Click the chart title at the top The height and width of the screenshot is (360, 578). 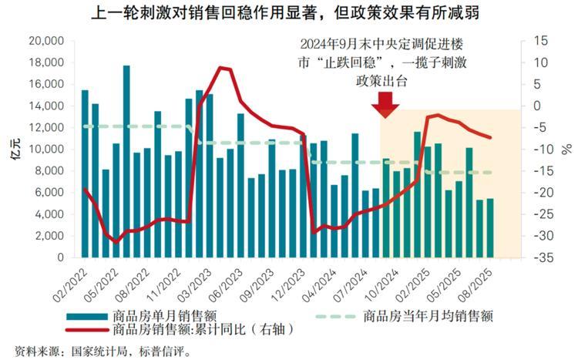point(289,13)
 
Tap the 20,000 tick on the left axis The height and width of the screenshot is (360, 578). point(44,40)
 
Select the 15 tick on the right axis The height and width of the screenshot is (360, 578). point(544,40)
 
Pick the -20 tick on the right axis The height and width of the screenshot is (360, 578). point(543,193)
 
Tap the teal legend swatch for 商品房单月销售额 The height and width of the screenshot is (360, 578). point(86,316)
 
